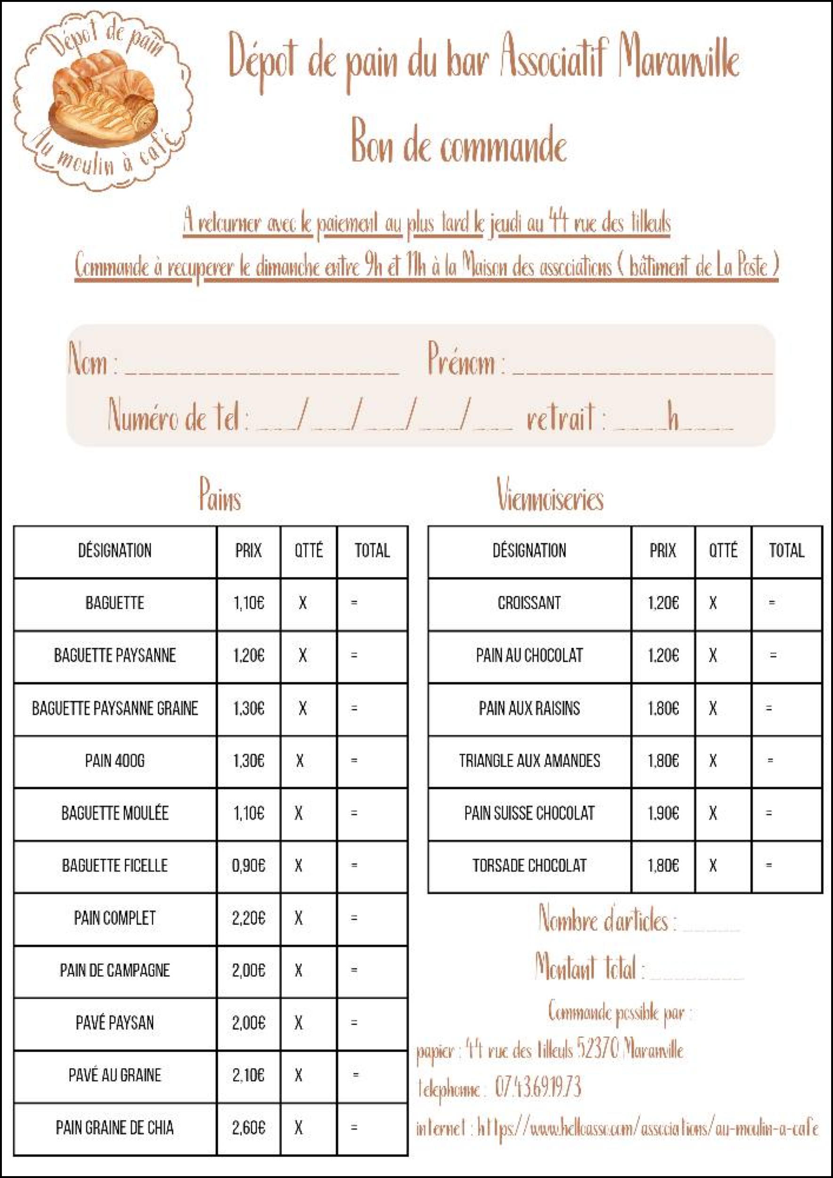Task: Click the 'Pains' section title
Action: (x=220, y=495)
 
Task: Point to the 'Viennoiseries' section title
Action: (x=550, y=495)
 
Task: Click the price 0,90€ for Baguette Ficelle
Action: (x=248, y=866)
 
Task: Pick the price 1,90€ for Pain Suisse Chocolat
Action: (x=663, y=813)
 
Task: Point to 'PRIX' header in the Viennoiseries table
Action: (x=663, y=550)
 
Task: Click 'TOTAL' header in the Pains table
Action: (x=372, y=550)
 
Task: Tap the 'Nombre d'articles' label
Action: (x=605, y=918)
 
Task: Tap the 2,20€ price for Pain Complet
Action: (x=248, y=918)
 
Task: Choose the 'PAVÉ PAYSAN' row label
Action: (x=114, y=1023)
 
